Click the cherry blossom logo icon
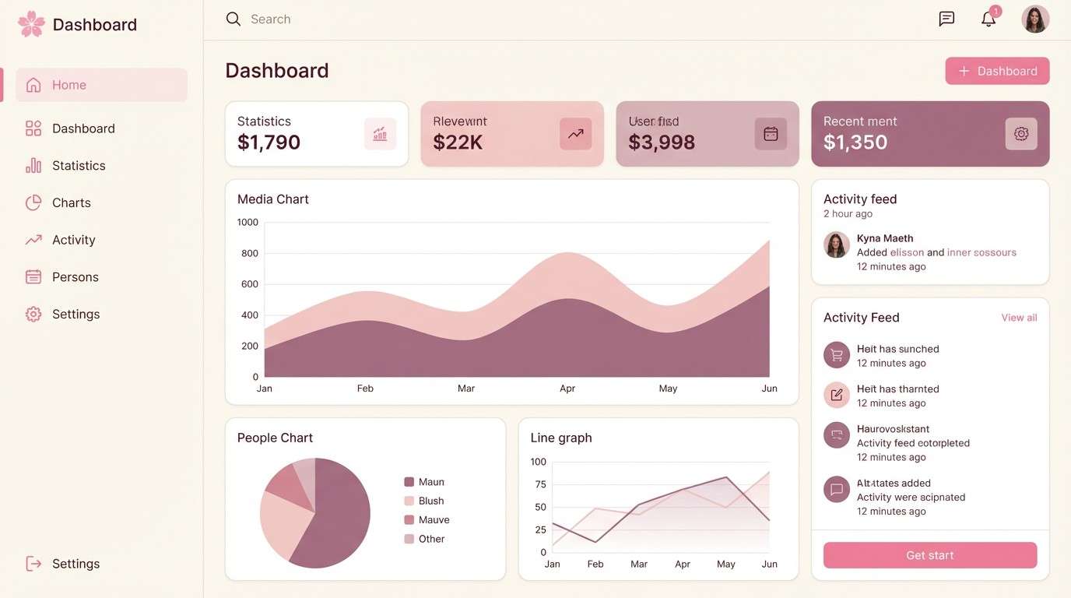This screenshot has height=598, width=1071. [31, 24]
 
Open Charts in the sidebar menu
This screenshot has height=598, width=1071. [71, 202]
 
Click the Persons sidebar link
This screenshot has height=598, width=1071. [75, 277]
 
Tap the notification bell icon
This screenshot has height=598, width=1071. [988, 19]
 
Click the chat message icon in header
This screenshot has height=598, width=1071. [946, 19]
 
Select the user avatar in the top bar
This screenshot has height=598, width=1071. [1034, 19]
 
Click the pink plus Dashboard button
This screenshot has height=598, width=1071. [997, 71]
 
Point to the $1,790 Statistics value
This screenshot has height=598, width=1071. [269, 142]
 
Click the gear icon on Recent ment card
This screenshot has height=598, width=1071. [1020, 134]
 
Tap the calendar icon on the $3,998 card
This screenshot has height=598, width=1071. [770, 134]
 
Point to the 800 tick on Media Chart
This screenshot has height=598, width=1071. [250, 253]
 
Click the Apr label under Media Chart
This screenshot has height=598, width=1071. [567, 389]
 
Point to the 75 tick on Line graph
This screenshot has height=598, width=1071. [540, 484]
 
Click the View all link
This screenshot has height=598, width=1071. [1019, 318]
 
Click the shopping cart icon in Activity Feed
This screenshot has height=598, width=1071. [836, 356]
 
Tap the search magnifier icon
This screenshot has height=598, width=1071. [233, 19]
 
